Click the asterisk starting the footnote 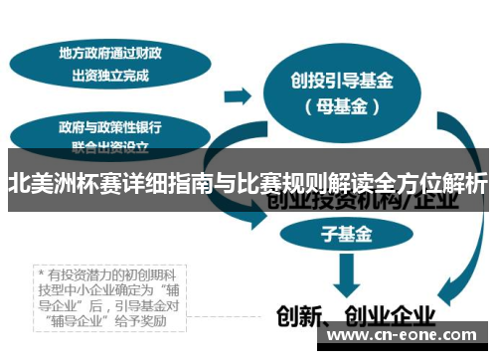pos(41,270)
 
